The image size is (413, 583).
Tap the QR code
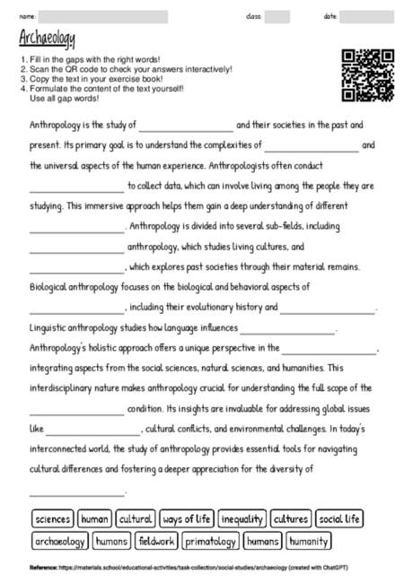368,74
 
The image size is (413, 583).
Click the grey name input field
103,16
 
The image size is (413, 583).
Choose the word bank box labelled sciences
52,518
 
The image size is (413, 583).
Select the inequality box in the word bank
242,518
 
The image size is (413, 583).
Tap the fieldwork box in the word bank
157,541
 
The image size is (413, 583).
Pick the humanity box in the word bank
308,541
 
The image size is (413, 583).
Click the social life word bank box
339,518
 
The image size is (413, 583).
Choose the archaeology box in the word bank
60,541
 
